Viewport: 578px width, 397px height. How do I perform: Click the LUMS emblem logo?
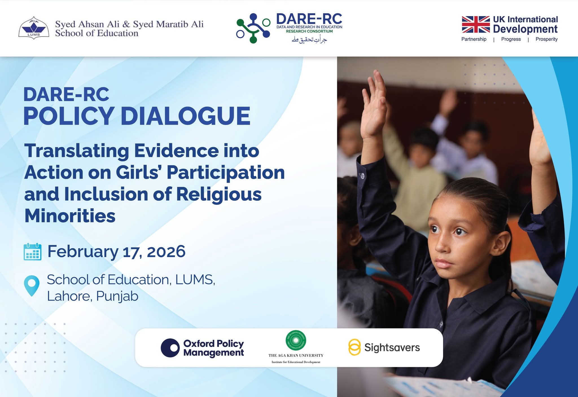pos(33,28)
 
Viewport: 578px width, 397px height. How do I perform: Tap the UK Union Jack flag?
pos(476,25)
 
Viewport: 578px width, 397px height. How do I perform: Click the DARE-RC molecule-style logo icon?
pos(253,28)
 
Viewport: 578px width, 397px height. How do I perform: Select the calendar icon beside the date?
pos(32,252)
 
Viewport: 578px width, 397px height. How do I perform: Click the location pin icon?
pos(32,286)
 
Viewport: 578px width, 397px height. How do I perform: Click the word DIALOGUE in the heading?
pos(185,116)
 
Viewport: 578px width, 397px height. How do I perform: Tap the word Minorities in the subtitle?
pos(70,216)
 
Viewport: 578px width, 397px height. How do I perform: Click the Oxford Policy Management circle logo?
pos(170,348)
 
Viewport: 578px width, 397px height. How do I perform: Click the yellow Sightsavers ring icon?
pos(354,347)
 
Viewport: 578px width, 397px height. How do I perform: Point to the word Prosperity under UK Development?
pos(546,39)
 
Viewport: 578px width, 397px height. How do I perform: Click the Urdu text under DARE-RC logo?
pos(309,39)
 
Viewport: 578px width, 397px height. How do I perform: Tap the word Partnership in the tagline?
pos(474,39)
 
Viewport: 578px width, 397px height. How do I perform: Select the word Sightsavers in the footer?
pos(392,347)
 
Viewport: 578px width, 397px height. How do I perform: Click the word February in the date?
pos(83,252)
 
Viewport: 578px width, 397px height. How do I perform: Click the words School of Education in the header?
pos(97,33)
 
